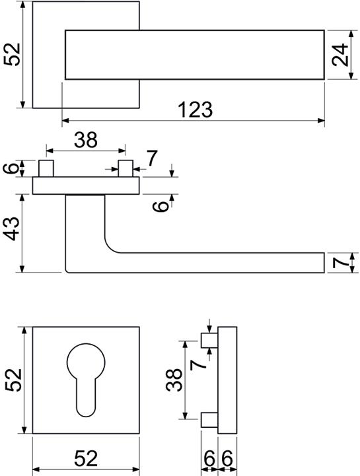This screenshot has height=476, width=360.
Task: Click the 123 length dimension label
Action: (x=196, y=110)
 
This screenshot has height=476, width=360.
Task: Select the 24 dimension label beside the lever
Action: (x=340, y=55)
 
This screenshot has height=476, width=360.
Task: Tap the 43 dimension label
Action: (x=13, y=228)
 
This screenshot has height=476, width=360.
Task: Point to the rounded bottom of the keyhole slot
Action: (x=86, y=411)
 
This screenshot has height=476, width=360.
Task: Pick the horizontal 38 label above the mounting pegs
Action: (x=86, y=140)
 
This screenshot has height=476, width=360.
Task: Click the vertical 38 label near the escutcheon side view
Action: (x=174, y=380)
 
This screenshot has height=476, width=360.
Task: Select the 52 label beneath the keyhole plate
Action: (x=86, y=458)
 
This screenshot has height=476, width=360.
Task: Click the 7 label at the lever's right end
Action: (x=340, y=263)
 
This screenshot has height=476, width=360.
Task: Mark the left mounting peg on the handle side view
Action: (x=46, y=168)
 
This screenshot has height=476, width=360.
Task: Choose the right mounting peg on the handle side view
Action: (x=126, y=168)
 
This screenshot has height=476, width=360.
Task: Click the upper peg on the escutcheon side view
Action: (x=209, y=340)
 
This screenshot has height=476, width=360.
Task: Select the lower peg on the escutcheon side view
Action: (x=209, y=419)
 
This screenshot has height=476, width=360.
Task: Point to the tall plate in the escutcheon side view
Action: (x=227, y=380)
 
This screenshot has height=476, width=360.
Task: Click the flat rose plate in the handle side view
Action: (x=86, y=186)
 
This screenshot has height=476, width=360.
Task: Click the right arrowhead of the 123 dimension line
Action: (x=321, y=121)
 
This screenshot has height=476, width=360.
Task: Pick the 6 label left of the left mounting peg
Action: (x=11, y=168)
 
